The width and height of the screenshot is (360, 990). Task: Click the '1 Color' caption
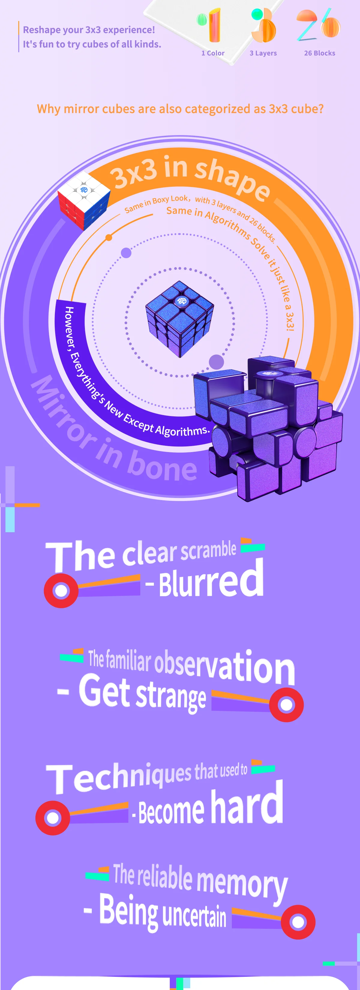(x=213, y=53)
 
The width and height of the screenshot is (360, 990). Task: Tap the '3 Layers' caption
(x=263, y=53)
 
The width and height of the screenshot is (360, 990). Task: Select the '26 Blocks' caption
(x=319, y=53)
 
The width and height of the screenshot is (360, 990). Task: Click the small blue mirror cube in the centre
(x=179, y=318)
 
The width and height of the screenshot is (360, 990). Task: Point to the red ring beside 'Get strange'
(x=286, y=705)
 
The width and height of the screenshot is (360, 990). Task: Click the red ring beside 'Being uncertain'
(x=298, y=922)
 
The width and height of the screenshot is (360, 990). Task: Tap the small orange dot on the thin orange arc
(x=109, y=237)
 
